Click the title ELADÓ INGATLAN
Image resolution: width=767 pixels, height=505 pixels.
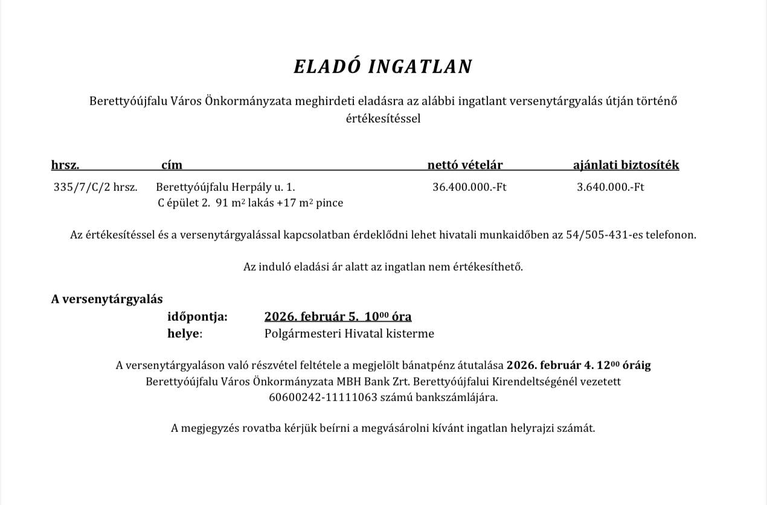coord(383,66)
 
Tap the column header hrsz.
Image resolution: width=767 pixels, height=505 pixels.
coord(65,165)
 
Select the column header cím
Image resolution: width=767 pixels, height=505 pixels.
coord(172,165)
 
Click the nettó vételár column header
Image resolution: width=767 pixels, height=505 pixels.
coord(465,165)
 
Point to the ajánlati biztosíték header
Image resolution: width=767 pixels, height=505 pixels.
coord(626,165)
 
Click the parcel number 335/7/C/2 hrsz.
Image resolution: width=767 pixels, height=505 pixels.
coord(95,187)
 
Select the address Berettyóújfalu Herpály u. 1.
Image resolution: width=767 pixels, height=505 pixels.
coord(225,187)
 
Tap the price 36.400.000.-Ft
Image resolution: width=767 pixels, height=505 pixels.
coord(469,187)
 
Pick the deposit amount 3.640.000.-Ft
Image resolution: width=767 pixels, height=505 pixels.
coord(610,187)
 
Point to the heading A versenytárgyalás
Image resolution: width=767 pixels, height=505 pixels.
coord(107,299)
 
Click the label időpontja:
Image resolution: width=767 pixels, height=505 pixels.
coord(197,317)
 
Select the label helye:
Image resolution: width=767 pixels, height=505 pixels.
coord(185,333)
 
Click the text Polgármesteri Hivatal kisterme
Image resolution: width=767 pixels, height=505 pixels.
coord(349,333)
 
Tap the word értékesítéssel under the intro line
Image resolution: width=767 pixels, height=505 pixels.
coord(383,118)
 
